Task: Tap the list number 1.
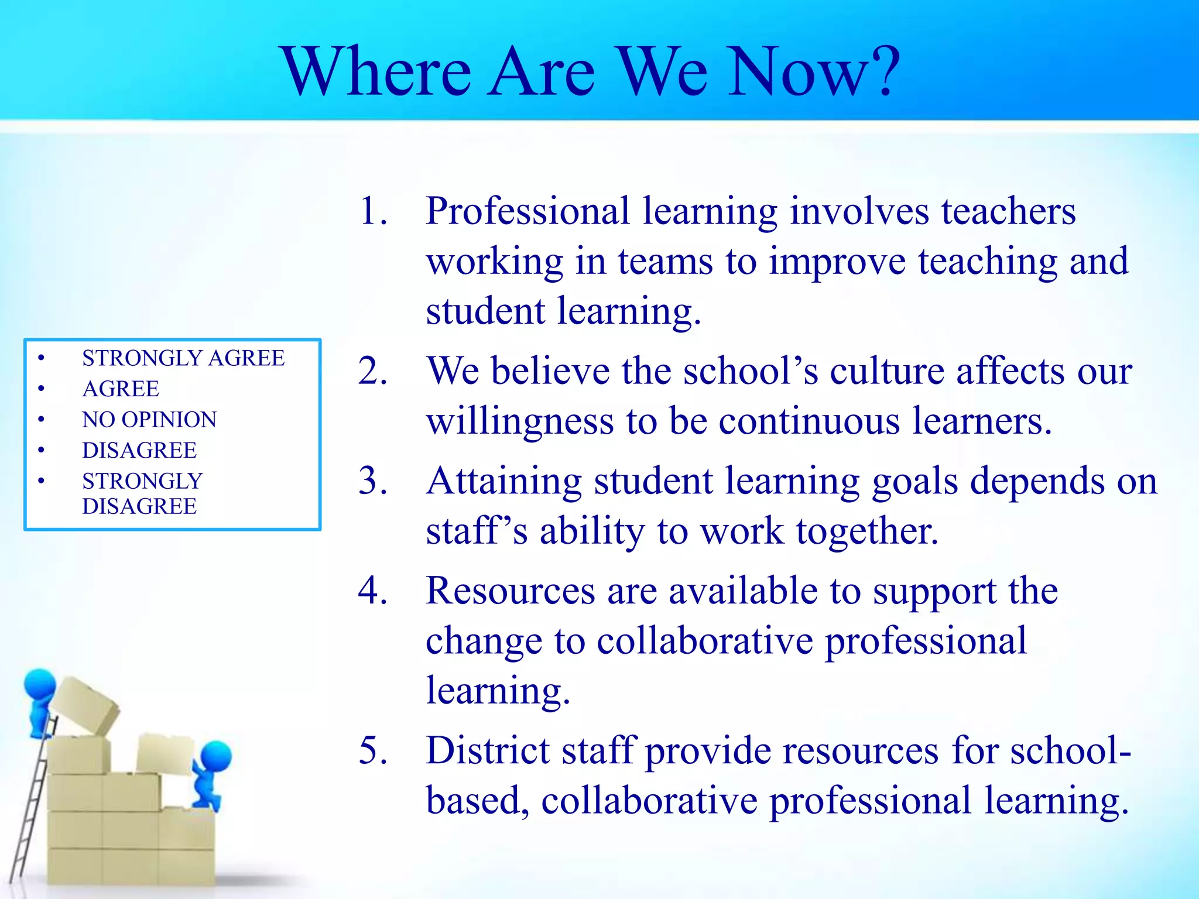click(373, 211)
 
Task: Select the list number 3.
click(373, 481)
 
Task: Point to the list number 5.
click(373, 750)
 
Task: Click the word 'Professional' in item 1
click(527, 212)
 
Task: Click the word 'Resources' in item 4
click(510, 591)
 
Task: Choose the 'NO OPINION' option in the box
click(149, 420)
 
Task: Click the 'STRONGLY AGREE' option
click(183, 358)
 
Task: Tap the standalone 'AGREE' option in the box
click(121, 389)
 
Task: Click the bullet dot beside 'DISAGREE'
click(41, 450)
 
